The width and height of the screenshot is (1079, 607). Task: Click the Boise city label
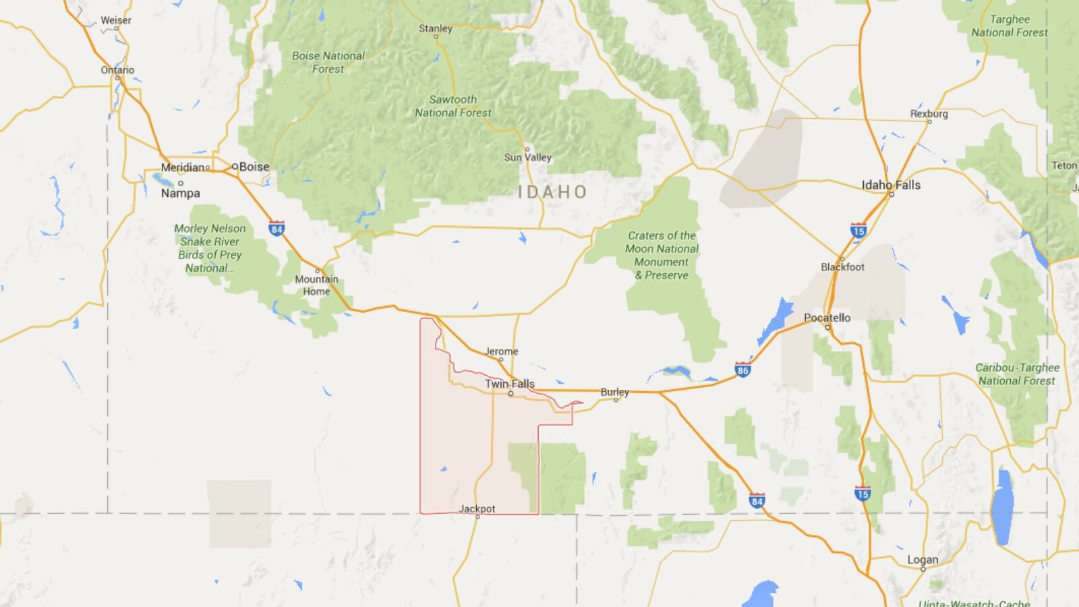pos(254,167)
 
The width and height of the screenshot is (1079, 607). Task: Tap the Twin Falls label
pos(510,384)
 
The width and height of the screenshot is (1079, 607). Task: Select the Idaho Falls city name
pos(891,185)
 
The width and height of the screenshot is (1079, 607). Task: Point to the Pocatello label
pos(827,318)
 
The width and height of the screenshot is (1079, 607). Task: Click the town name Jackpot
pos(477,509)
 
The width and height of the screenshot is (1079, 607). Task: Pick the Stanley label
pos(436,28)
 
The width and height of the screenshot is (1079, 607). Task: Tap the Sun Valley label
pos(528,157)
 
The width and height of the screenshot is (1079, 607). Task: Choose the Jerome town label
pos(502,351)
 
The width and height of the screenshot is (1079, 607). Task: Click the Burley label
pos(614,392)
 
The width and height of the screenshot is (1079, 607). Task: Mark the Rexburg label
pos(929,114)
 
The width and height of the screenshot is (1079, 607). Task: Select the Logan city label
pos(923,560)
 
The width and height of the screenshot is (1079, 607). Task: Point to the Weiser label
pos(116,20)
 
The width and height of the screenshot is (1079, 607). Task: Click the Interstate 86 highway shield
pos(742,370)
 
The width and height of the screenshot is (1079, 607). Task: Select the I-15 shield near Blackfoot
pos(858,231)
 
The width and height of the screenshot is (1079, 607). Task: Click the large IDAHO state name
pos(553,192)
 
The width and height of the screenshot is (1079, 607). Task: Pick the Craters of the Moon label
pos(662,255)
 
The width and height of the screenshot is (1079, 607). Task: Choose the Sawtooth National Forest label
pos(453,106)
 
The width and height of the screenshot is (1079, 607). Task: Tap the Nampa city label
pos(180,193)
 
